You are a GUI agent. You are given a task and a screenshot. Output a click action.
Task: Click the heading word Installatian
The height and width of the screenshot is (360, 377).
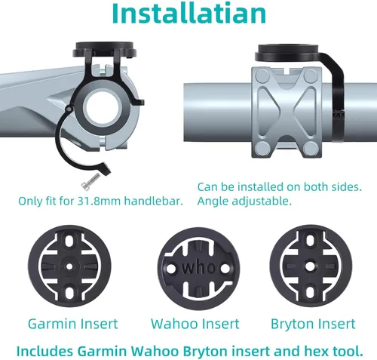coord(189,13)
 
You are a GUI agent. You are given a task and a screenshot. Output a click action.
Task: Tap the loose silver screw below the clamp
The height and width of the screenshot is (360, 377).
coord(90,182)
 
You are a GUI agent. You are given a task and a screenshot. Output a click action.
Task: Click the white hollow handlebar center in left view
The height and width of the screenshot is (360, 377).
coord(102,107)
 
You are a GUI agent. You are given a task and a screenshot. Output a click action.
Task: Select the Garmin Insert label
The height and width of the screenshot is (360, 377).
coord(73,324)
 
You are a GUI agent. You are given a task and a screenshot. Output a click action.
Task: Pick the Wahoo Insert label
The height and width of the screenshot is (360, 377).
coord(195,324)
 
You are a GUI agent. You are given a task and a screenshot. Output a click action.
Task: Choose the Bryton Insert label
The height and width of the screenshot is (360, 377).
coord(313,324)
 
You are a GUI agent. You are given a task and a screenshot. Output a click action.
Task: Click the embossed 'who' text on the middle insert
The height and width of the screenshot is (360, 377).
coord(198,267)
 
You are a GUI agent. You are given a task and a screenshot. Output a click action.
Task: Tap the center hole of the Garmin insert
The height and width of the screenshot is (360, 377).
coord(69,266)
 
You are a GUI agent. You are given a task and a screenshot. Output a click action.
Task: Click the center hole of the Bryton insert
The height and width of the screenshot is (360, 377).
coord(310,266)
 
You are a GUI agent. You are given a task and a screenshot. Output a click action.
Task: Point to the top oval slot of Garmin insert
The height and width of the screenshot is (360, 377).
coord(69,241)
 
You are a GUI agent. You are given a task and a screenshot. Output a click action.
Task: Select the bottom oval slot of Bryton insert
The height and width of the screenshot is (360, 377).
coord(310,291)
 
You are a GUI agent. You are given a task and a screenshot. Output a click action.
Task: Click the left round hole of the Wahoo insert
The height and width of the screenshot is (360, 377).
coord(171,268)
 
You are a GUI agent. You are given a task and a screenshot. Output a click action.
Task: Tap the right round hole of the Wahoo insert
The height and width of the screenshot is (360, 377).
coord(225,269)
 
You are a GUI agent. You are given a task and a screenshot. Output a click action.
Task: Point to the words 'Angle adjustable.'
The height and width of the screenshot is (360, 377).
coord(244,202)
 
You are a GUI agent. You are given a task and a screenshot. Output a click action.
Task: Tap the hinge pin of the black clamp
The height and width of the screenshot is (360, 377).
coord(69,109)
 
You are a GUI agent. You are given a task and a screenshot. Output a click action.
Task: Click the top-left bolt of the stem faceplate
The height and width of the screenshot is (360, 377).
coord(262,76)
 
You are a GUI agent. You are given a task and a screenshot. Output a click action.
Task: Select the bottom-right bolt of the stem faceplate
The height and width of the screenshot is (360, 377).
coord(310,149)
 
